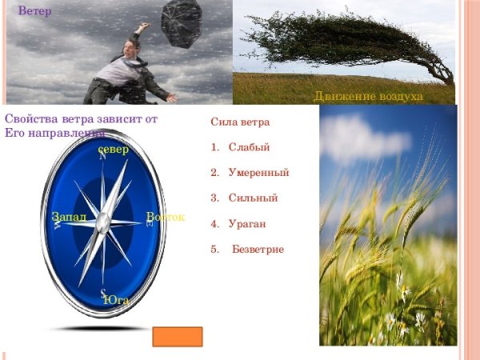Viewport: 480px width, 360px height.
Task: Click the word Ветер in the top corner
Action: click(35, 11)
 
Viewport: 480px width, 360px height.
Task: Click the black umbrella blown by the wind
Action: click(182, 22)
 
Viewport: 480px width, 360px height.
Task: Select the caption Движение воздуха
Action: click(368, 97)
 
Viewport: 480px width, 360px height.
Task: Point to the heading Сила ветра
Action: click(240, 122)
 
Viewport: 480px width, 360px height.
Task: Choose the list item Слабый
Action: click(249, 147)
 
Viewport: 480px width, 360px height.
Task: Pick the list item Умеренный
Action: click(258, 172)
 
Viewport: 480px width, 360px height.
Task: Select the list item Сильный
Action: click(253, 198)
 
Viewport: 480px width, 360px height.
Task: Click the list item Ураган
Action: click(246, 224)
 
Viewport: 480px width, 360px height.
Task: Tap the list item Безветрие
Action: click(258, 250)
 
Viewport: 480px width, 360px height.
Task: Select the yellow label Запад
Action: click(69, 217)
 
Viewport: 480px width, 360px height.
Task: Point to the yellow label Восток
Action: click(166, 217)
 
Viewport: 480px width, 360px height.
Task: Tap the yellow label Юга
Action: click(117, 300)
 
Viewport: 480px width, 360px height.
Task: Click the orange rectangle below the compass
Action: click(177, 336)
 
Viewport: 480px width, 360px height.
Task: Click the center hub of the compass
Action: click(103, 223)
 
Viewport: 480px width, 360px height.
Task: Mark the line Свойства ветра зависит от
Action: click(81, 119)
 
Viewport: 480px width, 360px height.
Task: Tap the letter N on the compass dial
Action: click(102, 157)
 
